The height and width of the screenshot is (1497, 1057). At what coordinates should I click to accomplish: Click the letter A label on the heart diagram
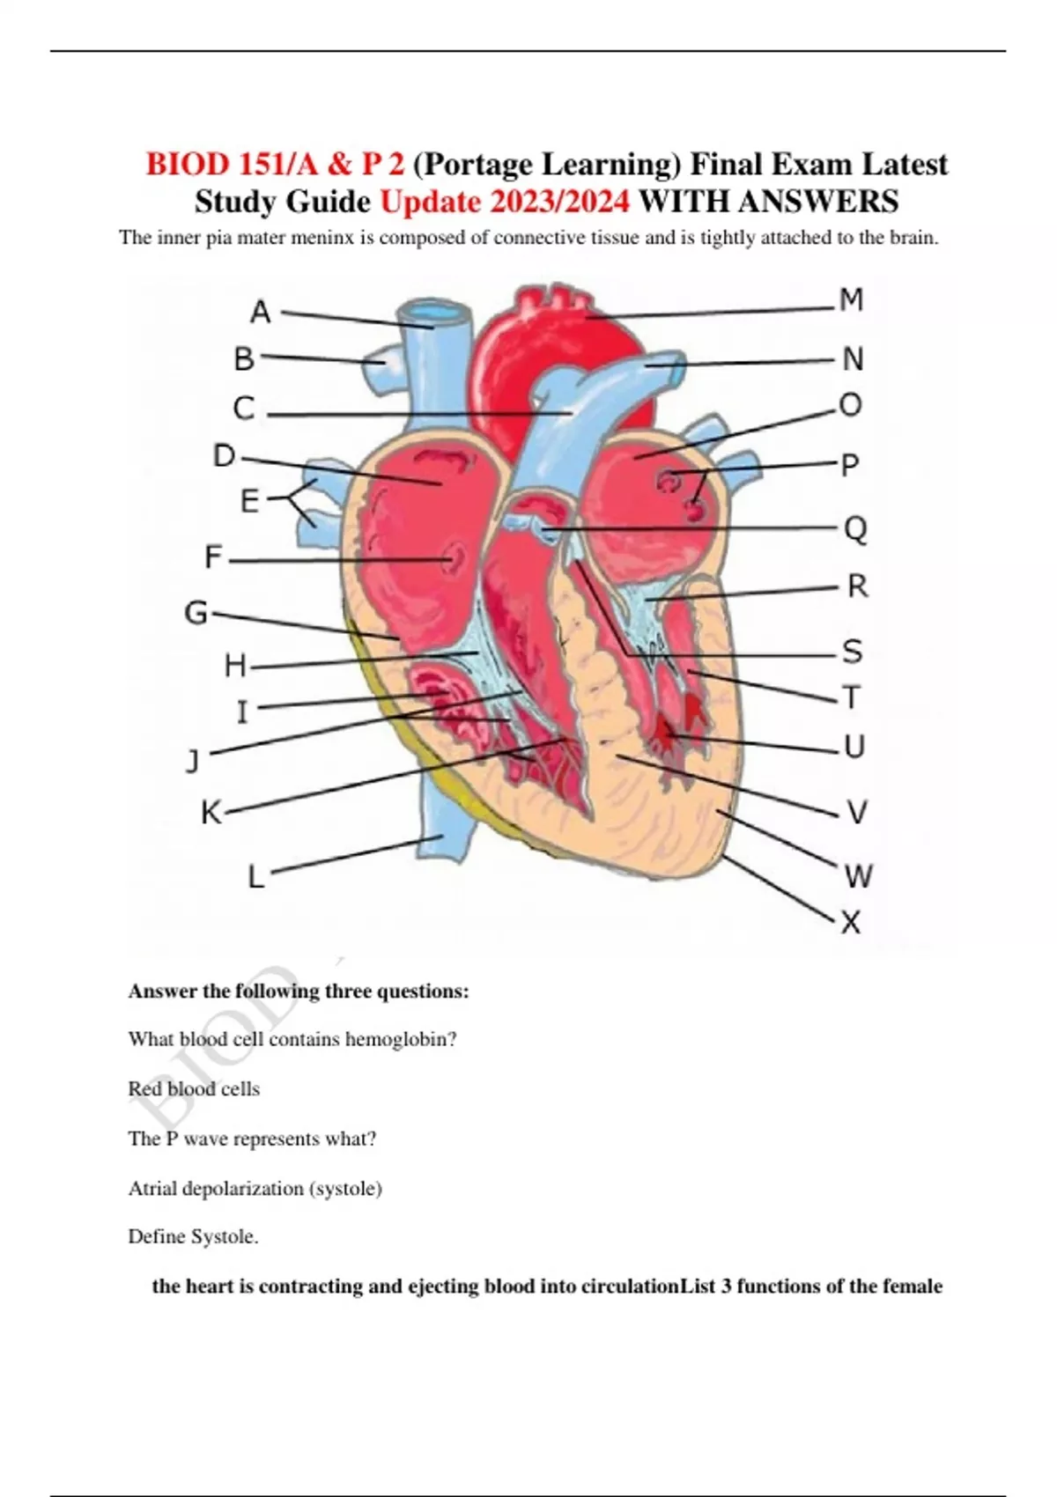tap(261, 312)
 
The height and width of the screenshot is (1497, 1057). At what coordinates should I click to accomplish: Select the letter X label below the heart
tap(850, 923)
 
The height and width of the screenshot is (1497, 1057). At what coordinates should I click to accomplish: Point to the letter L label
tap(256, 876)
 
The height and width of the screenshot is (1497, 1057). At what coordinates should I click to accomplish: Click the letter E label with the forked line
tap(249, 501)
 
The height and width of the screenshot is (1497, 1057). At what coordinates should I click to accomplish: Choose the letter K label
tap(211, 814)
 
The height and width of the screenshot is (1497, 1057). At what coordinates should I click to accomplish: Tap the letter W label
tap(858, 875)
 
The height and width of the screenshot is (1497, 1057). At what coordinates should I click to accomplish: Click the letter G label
tap(196, 613)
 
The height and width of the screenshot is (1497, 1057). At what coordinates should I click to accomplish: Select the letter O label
tap(850, 405)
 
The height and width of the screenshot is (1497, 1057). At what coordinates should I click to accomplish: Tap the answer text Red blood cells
tap(194, 1088)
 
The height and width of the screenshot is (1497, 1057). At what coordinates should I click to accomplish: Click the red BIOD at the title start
tap(186, 164)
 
